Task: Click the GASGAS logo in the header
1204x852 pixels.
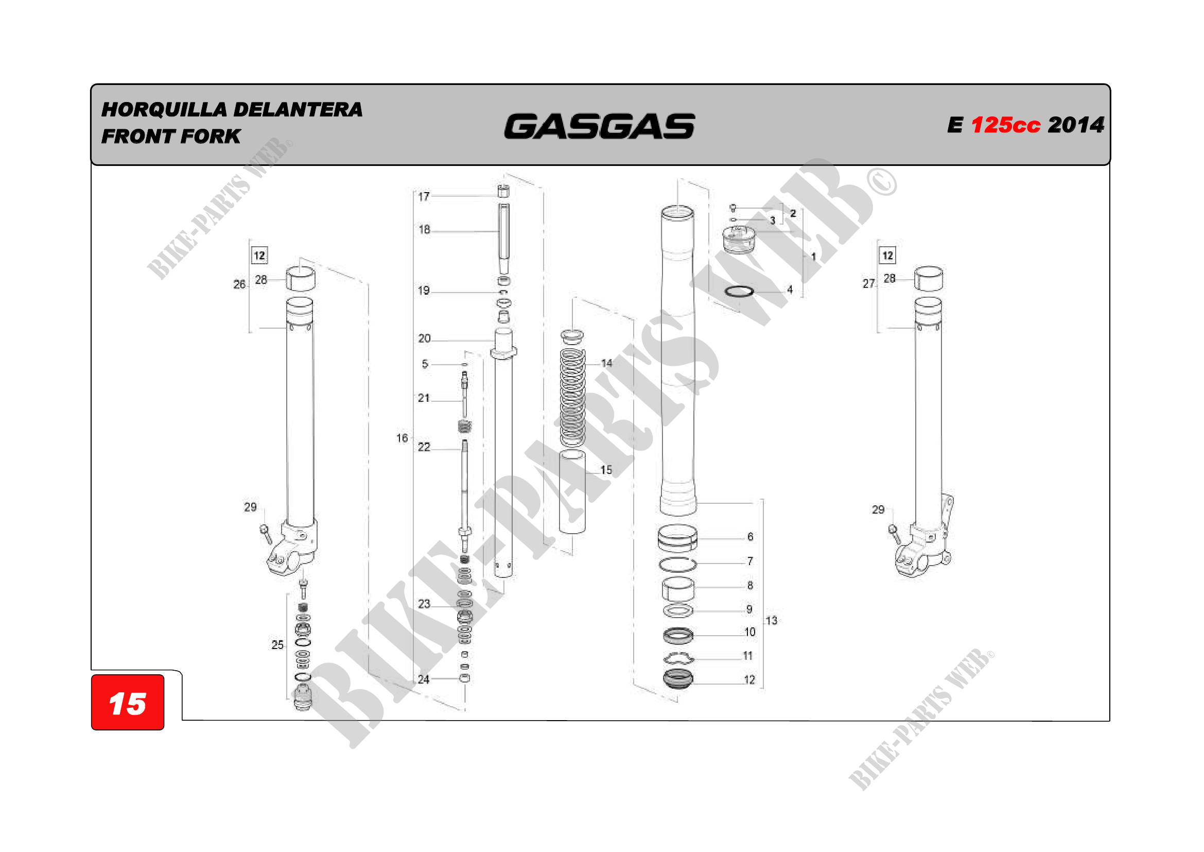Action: [x=599, y=126]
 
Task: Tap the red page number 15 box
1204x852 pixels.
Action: [x=128, y=702]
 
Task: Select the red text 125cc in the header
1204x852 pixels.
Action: [x=1005, y=125]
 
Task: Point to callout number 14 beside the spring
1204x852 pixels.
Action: [x=607, y=363]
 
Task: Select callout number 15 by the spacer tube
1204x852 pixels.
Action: [x=606, y=470]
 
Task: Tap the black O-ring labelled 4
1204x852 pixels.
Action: [x=739, y=291]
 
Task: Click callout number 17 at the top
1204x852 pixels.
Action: [x=424, y=197]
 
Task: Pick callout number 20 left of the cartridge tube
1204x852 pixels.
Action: [x=424, y=338]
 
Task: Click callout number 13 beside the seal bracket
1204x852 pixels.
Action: [x=772, y=620]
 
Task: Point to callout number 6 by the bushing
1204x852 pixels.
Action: [x=751, y=536]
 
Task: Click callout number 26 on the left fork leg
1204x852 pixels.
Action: [x=239, y=284]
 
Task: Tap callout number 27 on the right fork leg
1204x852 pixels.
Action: [x=868, y=283]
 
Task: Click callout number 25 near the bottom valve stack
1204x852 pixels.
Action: [x=277, y=645]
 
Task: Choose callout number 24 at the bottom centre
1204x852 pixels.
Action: [x=424, y=679]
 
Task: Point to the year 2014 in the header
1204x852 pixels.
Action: [x=1076, y=125]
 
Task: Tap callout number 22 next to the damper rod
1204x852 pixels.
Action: [x=424, y=447]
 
